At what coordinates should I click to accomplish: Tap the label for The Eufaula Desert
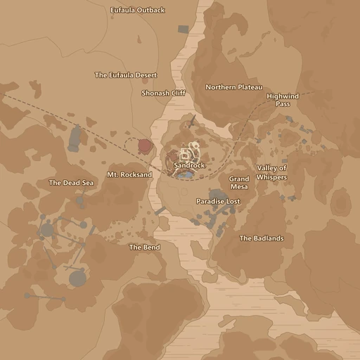coord(126,75)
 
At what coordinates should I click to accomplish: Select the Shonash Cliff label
coord(163,93)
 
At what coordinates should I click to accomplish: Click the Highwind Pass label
coord(283,100)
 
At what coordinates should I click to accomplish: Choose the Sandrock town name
coord(190,166)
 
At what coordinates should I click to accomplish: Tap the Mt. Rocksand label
coord(129,174)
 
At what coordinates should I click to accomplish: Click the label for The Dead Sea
coord(71,183)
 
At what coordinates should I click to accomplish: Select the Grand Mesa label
coord(239,183)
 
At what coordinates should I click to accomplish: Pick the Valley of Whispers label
coord(271,172)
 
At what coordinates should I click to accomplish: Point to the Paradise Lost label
coord(218,202)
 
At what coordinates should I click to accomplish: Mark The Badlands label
coord(262,238)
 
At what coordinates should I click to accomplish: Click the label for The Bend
coord(144,247)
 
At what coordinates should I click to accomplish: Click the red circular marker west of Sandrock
coord(146,146)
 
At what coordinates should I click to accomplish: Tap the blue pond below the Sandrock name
coord(185,175)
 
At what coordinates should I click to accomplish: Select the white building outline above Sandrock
coord(186,153)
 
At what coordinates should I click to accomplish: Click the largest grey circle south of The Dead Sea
coord(77,278)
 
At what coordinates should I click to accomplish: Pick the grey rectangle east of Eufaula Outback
coord(184,30)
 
